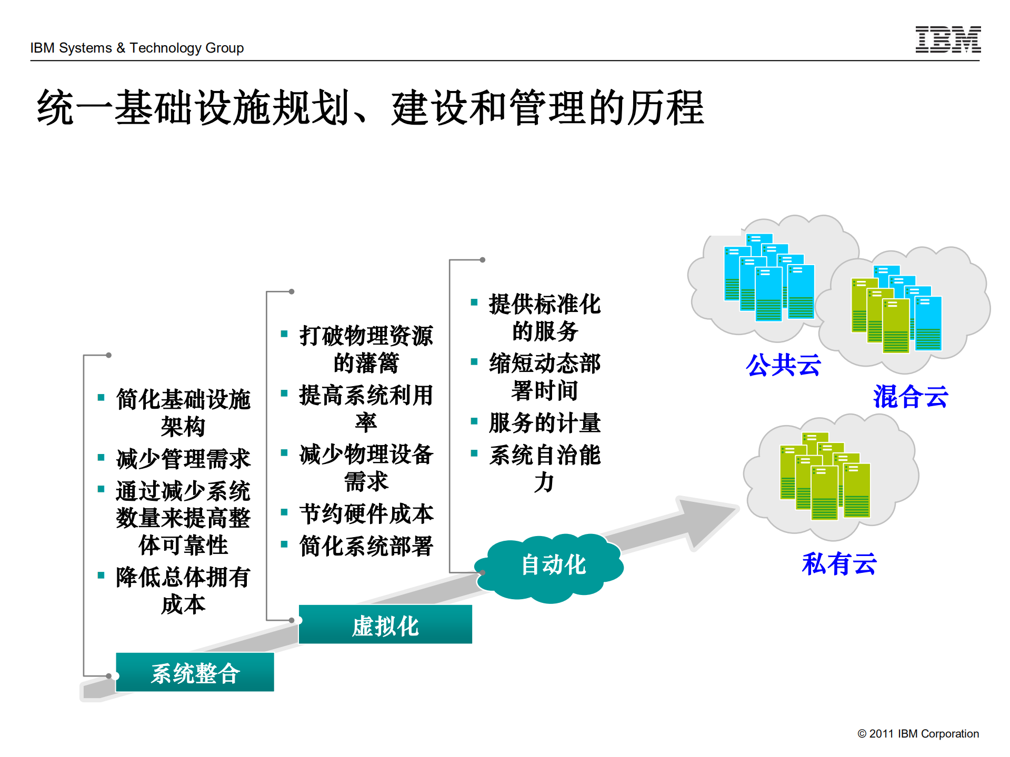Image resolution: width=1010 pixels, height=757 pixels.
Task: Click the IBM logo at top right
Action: (x=947, y=39)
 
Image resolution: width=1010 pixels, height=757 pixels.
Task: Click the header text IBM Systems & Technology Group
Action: (x=137, y=48)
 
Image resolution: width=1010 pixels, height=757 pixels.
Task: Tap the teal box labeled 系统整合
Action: (x=195, y=673)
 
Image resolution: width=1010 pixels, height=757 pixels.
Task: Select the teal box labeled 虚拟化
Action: (x=385, y=625)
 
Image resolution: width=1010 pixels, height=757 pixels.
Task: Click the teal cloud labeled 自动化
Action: (x=553, y=566)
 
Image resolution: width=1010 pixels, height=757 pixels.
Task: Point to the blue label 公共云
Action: (x=783, y=365)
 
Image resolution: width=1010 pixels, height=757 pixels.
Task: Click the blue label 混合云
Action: (x=911, y=397)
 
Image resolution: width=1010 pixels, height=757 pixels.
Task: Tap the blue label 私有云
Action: (x=839, y=564)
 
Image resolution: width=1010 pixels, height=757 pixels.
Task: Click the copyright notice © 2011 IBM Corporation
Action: (x=918, y=733)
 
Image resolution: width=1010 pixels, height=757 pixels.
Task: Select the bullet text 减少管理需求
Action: (x=183, y=459)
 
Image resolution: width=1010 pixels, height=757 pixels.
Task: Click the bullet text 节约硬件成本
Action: (x=366, y=514)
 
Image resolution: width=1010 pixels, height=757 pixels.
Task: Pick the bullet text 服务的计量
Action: (x=545, y=423)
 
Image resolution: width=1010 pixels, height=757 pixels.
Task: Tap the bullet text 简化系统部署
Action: (x=366, y=546)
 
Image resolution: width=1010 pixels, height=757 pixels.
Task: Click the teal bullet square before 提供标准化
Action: (x=474, y=302)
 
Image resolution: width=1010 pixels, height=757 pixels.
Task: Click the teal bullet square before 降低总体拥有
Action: (x=101, y=576)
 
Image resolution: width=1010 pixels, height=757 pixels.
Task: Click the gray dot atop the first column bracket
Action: (x=108, y=355)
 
